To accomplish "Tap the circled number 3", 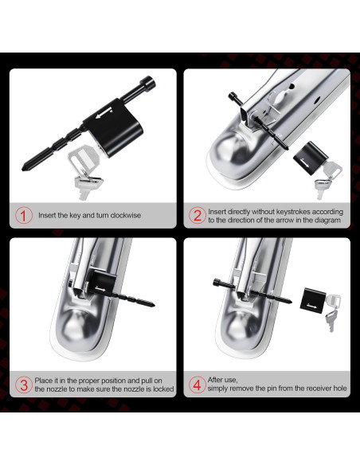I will pos(24,385).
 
